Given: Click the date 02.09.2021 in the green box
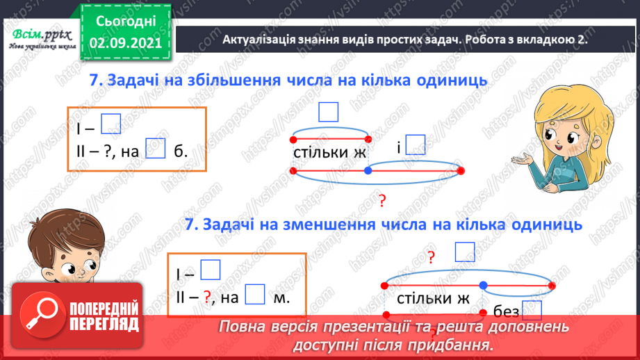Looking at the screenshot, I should tap(126, 42).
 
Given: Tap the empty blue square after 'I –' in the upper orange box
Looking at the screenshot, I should tap(110, 124).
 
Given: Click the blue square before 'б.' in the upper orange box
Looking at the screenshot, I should tap(156, 149).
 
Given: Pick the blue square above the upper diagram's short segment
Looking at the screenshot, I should tap(327, 111).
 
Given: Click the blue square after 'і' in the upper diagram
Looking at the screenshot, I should tap(416, 145).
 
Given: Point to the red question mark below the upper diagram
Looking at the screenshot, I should tap(381, 202).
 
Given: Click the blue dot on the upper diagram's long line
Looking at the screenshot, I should tap(368, 170).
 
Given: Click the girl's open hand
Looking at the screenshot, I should tap(523, 161).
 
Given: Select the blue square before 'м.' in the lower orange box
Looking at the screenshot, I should tap(256, 295).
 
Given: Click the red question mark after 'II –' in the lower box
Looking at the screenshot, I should tap(206, 297).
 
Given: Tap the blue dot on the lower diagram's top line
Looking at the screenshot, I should tap(483, 284).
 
